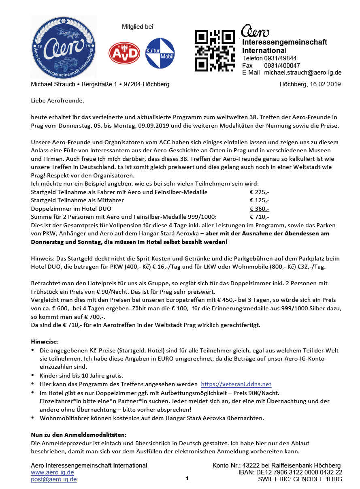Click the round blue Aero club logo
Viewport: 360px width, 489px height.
[64, 47]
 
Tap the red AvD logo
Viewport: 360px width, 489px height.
[124, 53]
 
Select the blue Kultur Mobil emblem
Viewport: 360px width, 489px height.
[160, 53]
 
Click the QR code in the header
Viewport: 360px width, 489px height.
[215, 50]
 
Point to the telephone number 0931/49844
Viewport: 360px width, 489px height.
[280, 58]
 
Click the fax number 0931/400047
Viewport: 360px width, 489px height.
[282, 65]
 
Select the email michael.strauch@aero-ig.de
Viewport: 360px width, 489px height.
[302, 73]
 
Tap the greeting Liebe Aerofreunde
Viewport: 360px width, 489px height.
[58, 100]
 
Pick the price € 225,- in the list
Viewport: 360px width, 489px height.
[259, 192]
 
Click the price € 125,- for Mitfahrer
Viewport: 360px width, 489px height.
[259, 200]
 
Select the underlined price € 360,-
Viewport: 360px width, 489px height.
[259, 209]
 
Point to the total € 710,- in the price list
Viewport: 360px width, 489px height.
[259, 217]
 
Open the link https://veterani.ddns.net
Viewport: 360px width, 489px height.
[236, 384]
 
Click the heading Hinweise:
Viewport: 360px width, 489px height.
[45, 342]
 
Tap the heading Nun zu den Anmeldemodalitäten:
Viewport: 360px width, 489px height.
[79, 435]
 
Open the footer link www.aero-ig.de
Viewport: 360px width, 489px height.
[52, 472]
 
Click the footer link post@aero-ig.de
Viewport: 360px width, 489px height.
[54, 479]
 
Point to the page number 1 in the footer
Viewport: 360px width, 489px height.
[187, 478]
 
